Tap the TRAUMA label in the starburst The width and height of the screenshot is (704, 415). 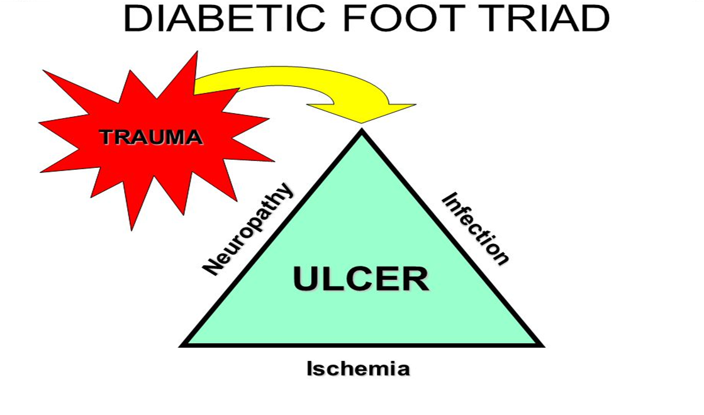tap(151, 137)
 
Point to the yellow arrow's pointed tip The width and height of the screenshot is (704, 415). tap(361, 122)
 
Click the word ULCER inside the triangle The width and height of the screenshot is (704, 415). tap(361, 279)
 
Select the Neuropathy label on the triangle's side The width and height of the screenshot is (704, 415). tap(248, 229)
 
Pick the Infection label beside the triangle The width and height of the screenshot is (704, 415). tap(474, 229)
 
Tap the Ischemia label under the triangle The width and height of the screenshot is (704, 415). tap(358, 368)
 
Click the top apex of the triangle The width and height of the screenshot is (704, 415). tap(362, 131)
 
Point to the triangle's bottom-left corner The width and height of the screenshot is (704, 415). tap(183, 345)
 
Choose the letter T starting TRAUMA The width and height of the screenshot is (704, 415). tap(107, 137)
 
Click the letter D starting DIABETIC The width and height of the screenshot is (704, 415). tap(138, 18)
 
